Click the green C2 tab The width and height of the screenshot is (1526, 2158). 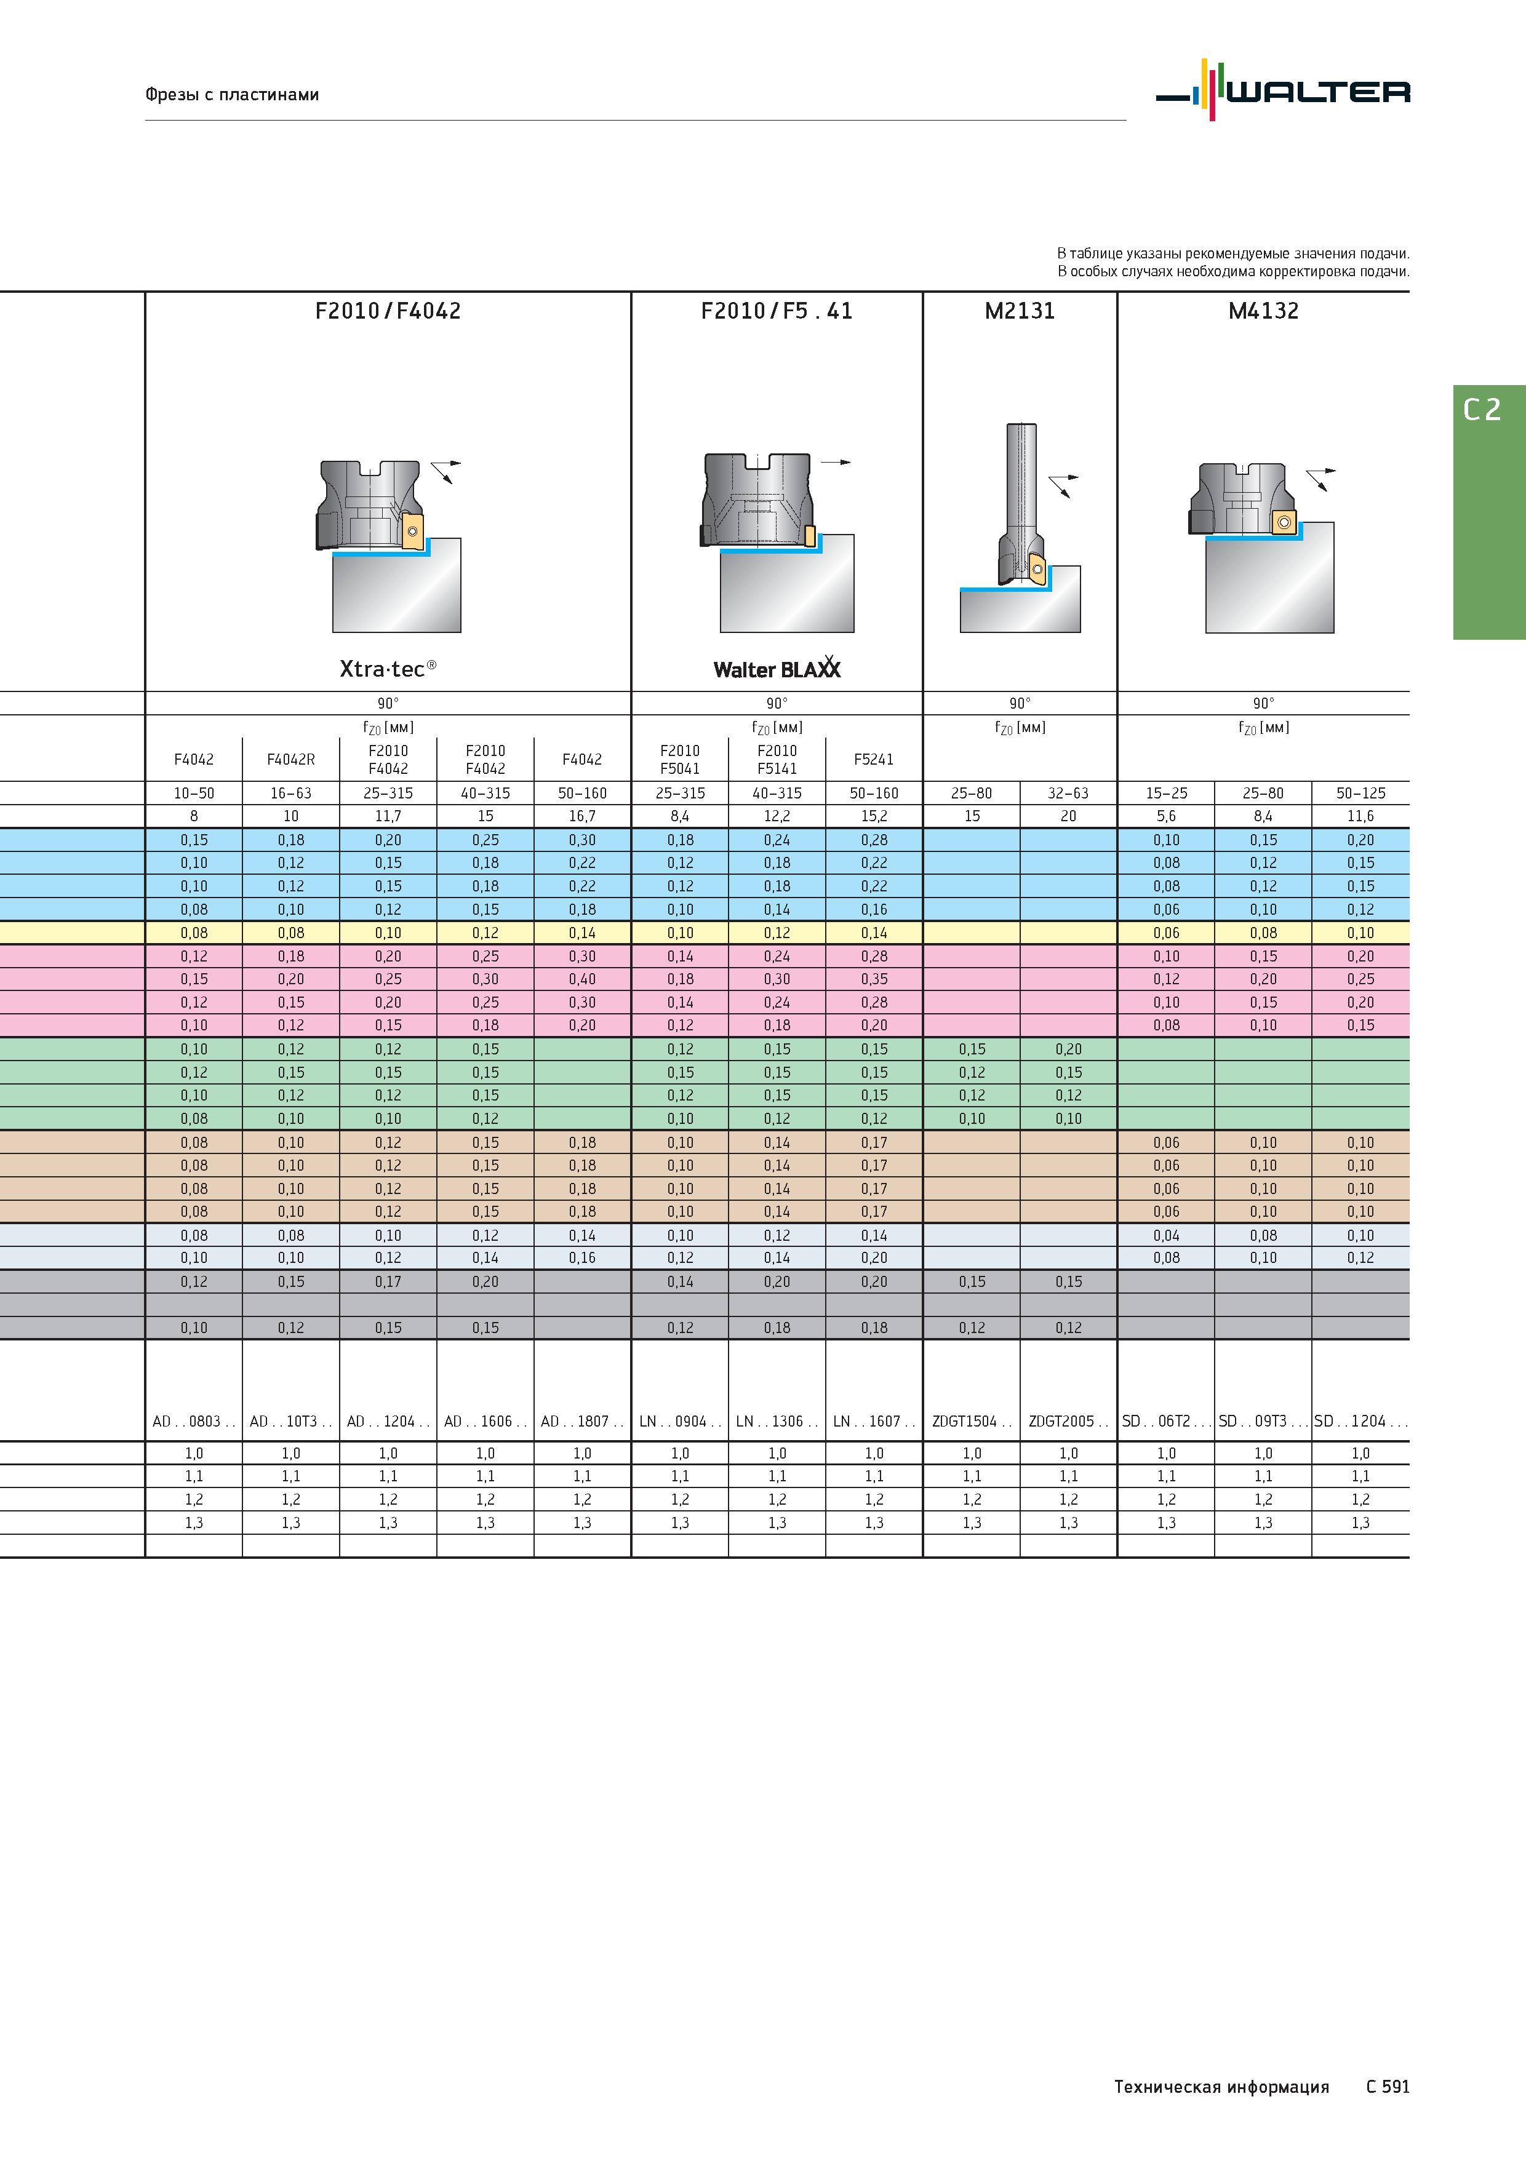click(1489, 512)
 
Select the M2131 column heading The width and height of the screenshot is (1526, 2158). click(1020, 311)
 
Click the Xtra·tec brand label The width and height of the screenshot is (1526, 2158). click(388, 668)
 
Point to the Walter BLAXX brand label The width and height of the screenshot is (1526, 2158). click(777, 667)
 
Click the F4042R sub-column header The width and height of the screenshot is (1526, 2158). click(290, 760)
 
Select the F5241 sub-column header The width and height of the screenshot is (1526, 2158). click(874, 760)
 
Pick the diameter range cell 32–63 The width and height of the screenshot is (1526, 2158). click(1068, 794)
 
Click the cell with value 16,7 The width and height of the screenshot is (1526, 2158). click(582, 816)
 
